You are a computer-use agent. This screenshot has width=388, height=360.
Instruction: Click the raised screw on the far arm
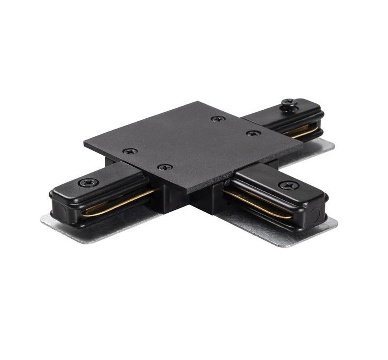tap(289, 103)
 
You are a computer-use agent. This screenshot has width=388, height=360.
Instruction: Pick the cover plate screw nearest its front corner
tap(165, 167)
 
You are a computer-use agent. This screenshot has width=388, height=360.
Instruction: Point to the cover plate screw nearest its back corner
tap(218, 119)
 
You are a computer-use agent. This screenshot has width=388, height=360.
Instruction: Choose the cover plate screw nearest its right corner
tap(253, 133)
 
